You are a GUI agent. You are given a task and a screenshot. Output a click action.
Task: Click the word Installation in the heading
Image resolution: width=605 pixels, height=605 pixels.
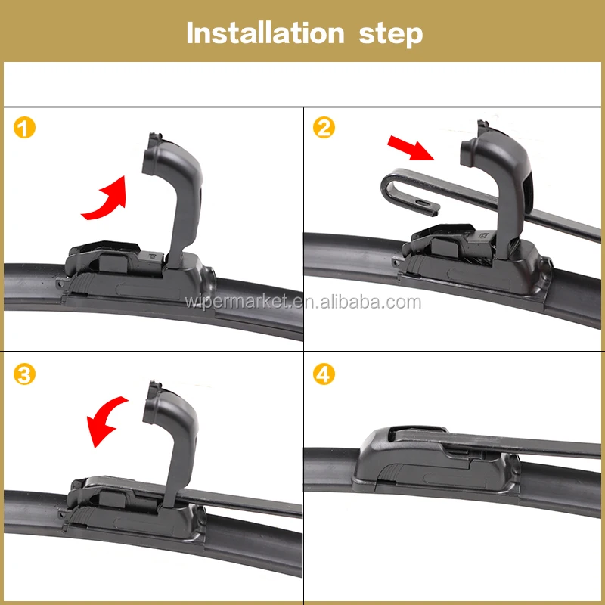point(265,33)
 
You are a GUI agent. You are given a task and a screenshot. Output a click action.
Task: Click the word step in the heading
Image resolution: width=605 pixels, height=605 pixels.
point(391,35)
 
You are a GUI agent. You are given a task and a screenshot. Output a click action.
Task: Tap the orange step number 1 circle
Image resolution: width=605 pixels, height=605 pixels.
point(24,128)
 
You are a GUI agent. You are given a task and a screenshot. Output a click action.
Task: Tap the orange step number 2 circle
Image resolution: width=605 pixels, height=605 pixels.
point(324,128)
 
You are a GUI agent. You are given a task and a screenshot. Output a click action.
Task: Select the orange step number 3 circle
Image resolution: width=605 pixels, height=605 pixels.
point(24,374)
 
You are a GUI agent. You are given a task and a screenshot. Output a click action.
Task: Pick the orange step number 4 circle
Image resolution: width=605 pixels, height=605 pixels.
point(324,374)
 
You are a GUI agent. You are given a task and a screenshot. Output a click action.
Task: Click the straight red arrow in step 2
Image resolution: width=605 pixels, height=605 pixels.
point(411,147)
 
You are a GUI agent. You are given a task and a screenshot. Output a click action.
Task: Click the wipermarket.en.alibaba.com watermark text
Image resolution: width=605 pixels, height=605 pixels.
point(303,302)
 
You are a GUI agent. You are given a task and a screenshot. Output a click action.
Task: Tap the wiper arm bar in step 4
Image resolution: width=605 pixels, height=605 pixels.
point(498,444)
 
